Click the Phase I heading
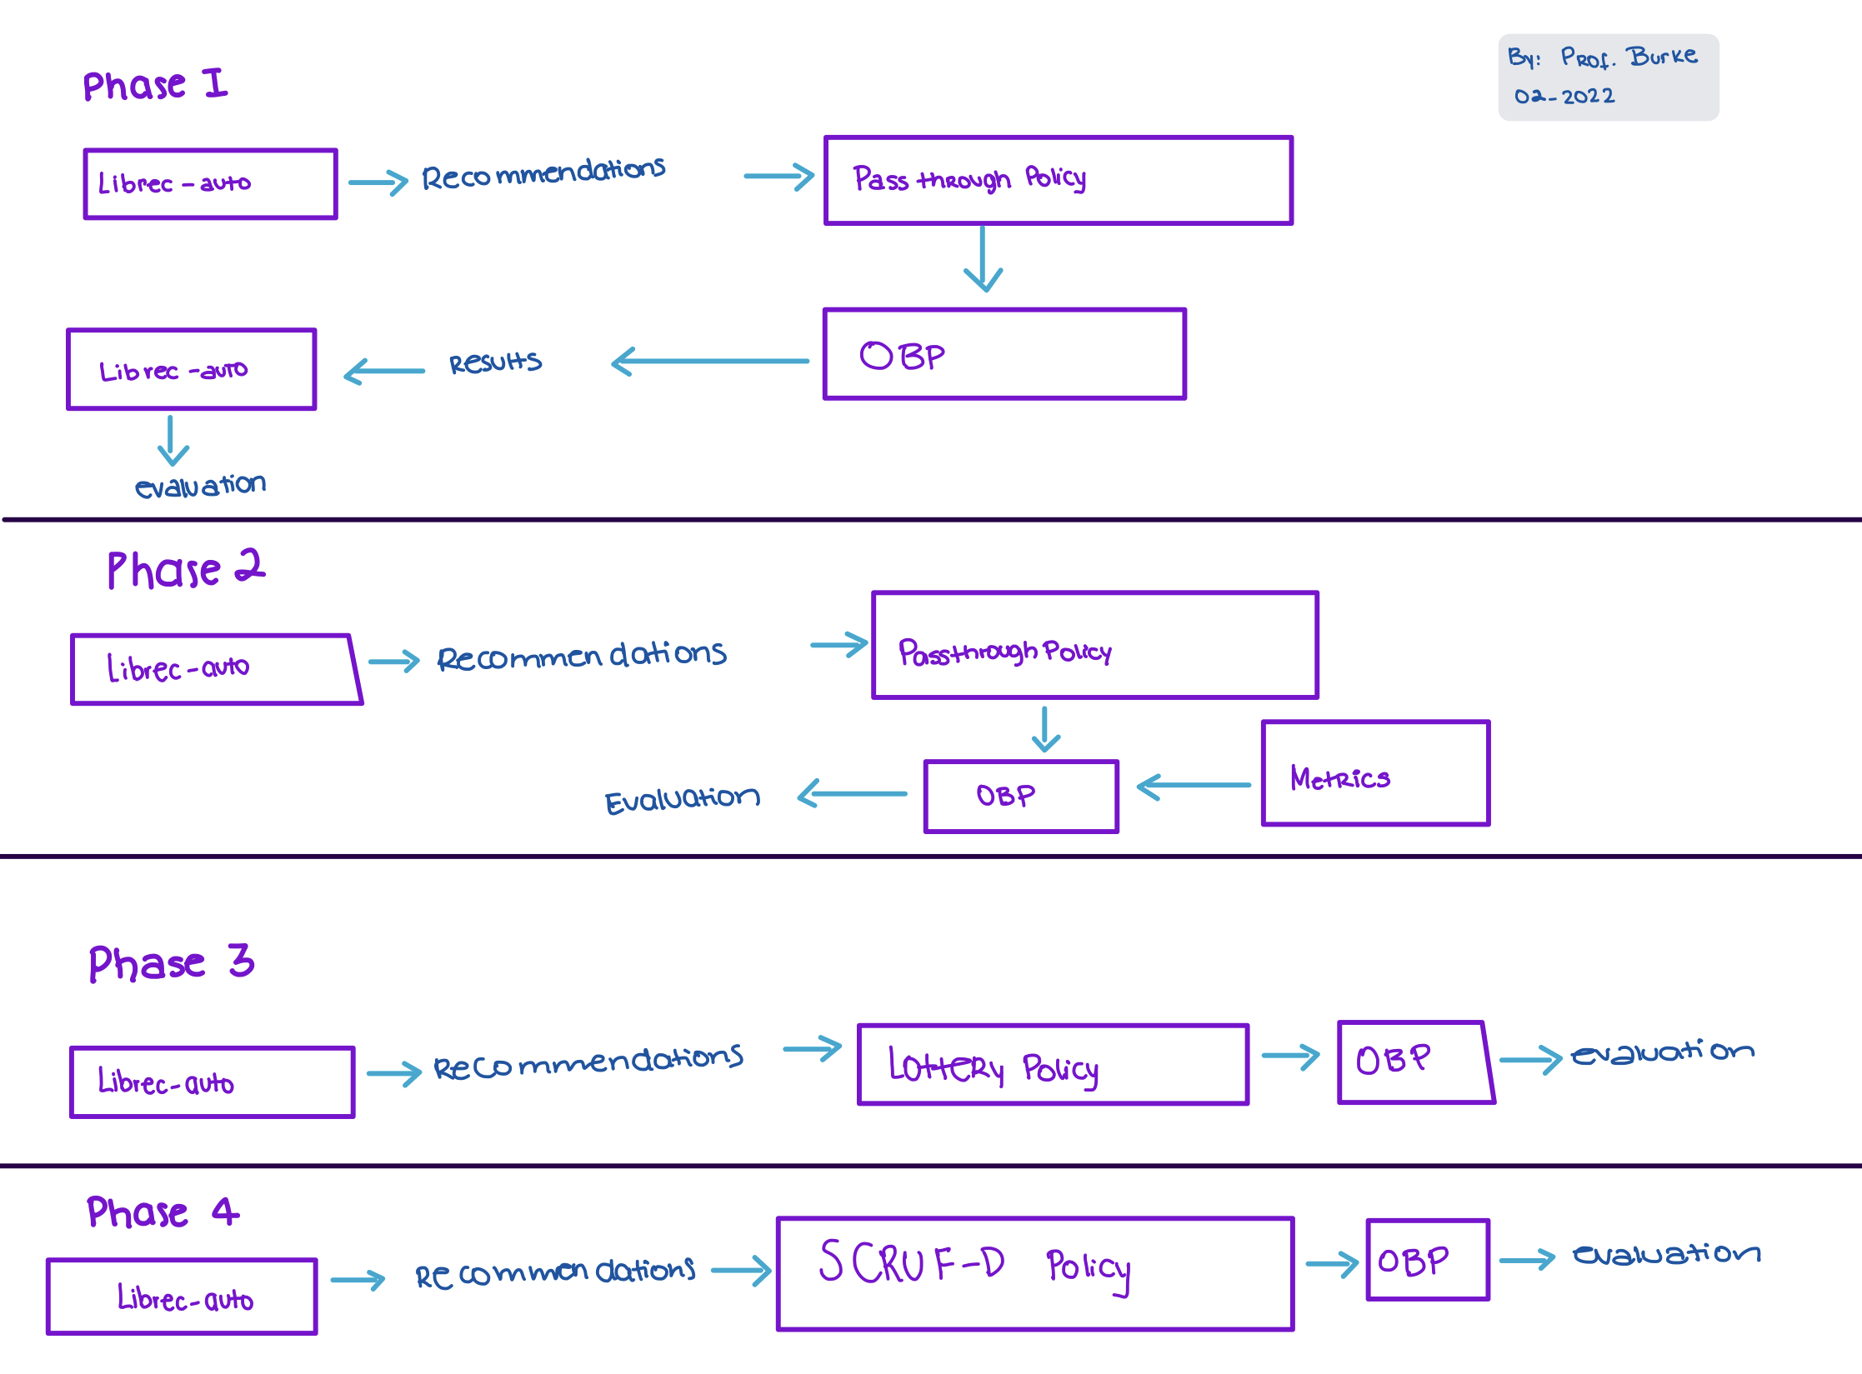pos(155,85)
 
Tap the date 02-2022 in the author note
pos(1564,97)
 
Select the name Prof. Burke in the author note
pos(1629,57)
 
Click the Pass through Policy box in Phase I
pos(1058,181)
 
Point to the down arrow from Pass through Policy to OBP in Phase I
pos(984,258)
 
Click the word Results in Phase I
pos(495,362)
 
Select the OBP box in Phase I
pos(1004,355)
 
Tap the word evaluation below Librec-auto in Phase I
pos(200,485)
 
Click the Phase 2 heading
pos(186,570)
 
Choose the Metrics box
pos(1375,774)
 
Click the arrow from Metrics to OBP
pos(1194,786)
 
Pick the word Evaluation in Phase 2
pos(682,800)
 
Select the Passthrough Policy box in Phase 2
pos(1094,646)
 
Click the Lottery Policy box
pos(1053,1065)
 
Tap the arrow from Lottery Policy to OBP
pos(1291,1057)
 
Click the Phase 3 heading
pos(171,962)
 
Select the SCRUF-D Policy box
pos(1034,1274)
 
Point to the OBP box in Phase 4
pos(1428,1260)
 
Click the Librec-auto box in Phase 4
pos(182,1297)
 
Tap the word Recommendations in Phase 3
pos(588,1062)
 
